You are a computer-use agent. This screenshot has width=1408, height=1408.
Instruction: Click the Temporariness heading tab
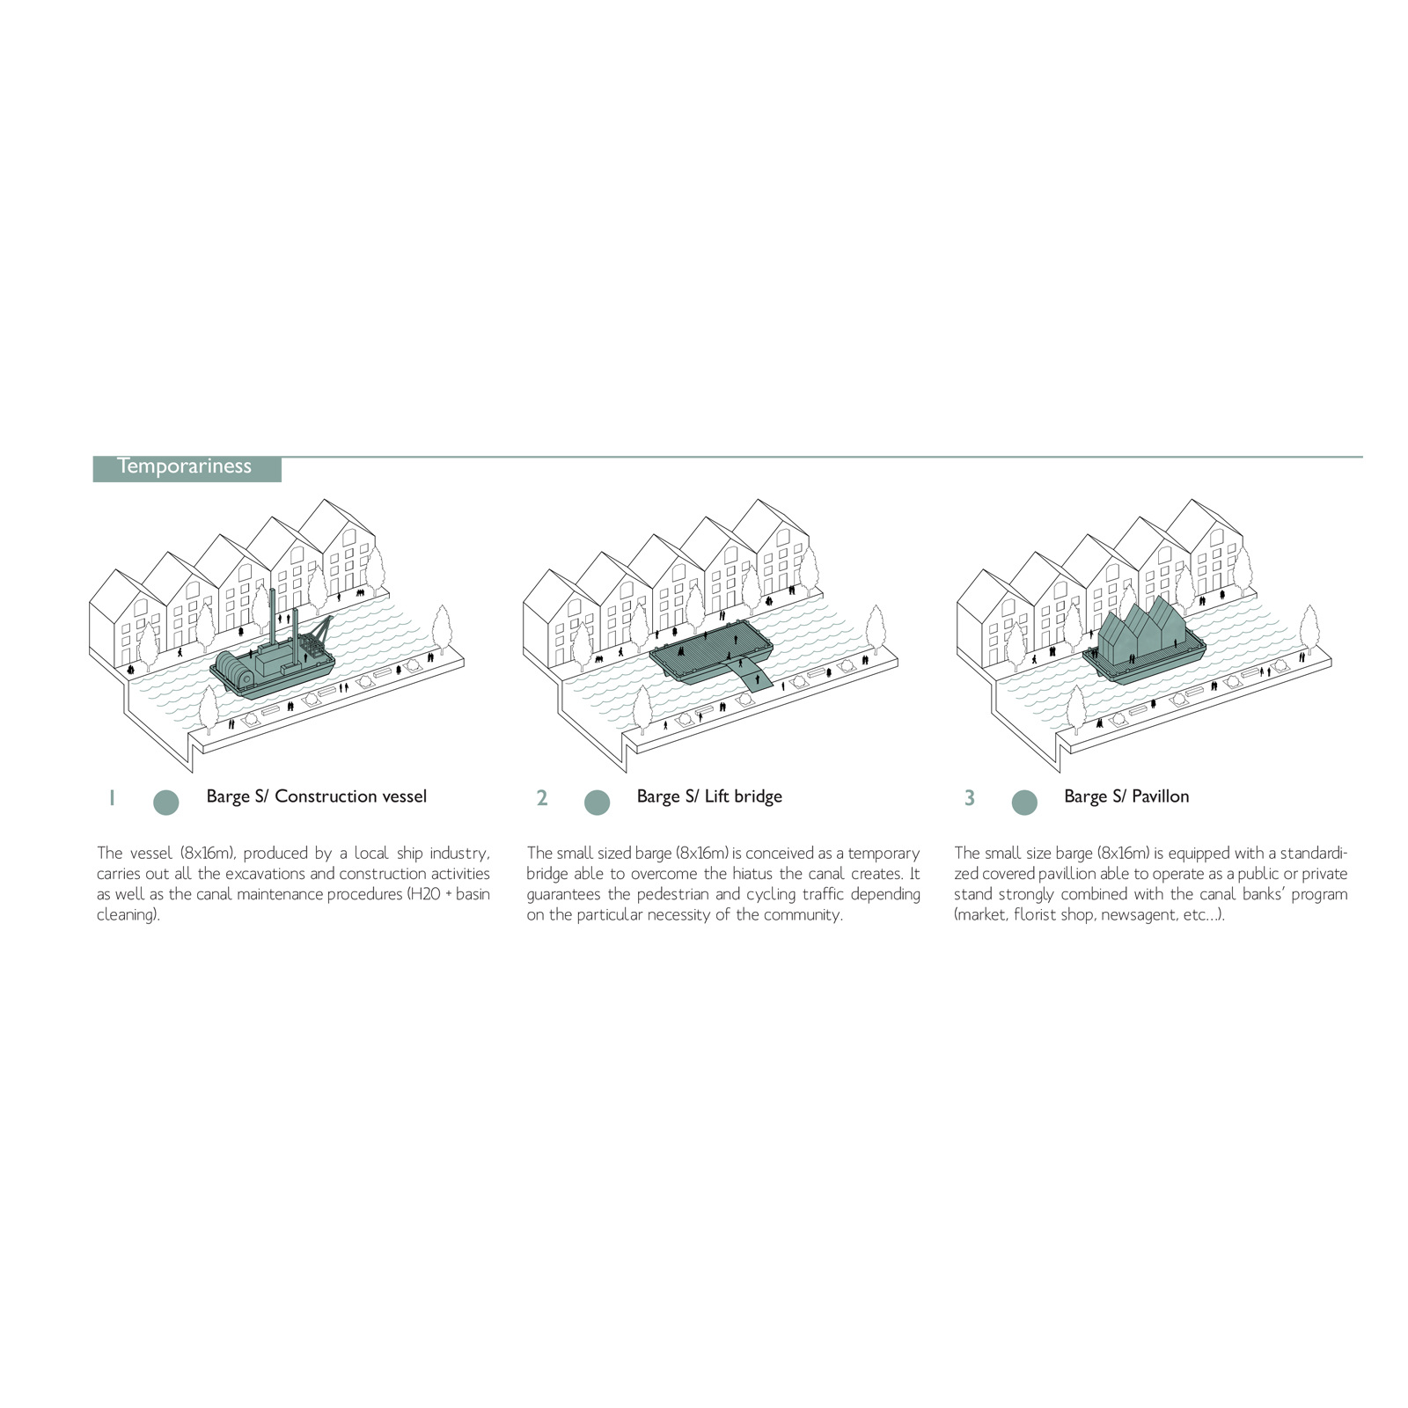[x=187, y=468]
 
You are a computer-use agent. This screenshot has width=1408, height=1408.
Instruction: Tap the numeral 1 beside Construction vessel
[x=112, y=798]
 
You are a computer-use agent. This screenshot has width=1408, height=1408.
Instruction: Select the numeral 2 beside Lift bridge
[x=542, y=798]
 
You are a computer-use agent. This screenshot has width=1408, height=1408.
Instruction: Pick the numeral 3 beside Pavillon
[x=969, y=798]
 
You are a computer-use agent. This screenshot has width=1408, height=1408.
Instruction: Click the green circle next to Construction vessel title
[x=165, y=802]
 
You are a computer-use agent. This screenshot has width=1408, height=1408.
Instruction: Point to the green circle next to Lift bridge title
[x=597, y=802]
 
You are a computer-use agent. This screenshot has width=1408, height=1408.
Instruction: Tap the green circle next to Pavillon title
[x=1024, y=802]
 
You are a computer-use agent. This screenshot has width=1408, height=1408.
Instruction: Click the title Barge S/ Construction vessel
[x=317, y=796]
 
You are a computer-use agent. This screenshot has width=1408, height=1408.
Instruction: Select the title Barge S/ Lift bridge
[x=709, y=796]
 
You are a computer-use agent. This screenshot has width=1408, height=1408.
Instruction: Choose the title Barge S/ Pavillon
[x=1126, y=796]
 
